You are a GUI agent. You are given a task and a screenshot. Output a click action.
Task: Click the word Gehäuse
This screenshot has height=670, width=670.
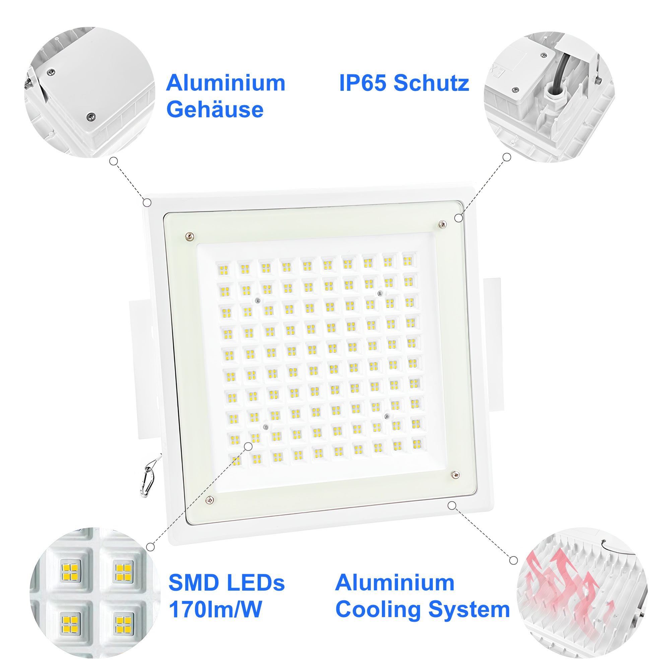(x=215, y=110)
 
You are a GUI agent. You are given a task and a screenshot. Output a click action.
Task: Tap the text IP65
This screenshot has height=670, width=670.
(x=362, y=83)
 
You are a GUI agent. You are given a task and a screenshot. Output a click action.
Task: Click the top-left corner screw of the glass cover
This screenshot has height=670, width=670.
(x=190, y=237)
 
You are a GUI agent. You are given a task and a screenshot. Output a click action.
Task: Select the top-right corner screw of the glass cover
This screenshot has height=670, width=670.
(x=443, y=225)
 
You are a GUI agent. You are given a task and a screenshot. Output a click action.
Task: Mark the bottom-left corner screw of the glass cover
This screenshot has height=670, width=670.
(x=209, y=500)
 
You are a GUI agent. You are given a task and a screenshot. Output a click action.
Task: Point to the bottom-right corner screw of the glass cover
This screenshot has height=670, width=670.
(x=456, y=475)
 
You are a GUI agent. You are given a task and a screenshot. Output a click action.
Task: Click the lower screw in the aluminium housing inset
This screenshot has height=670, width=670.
(x=91, y=117)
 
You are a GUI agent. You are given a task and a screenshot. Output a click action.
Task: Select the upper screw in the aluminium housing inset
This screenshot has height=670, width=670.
(x=51, y=72)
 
